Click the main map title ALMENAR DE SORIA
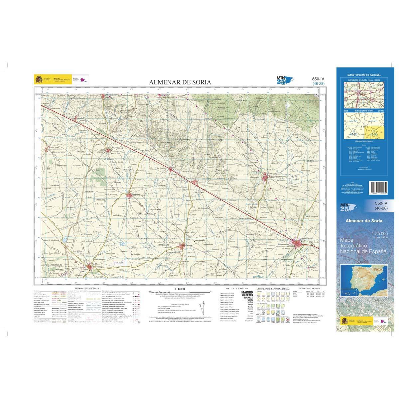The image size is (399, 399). point(180,82)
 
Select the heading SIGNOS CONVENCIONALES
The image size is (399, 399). point(87,288)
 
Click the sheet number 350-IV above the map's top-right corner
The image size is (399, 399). point(318,79)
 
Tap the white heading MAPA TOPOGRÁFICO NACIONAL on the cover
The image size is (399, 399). point(364,75)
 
